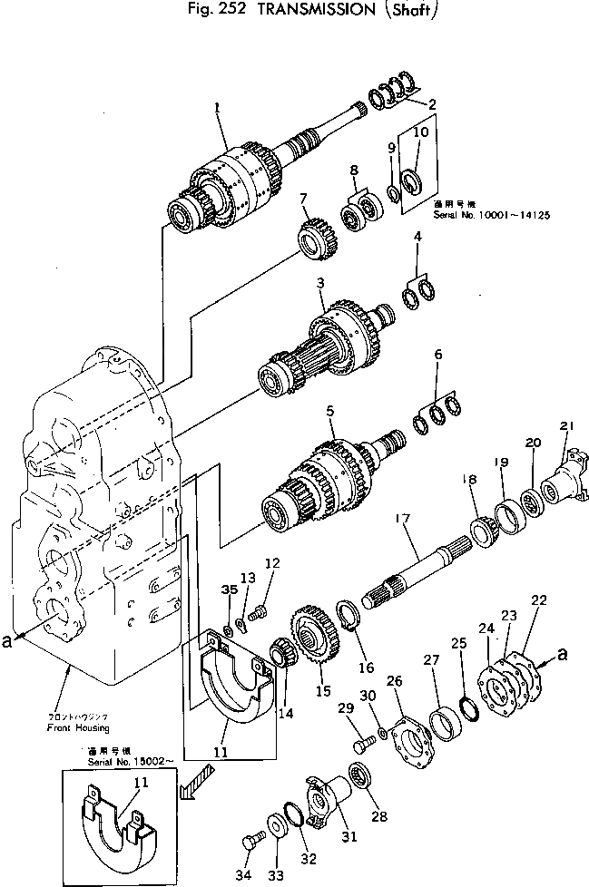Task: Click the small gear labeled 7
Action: click(x=314, y=238)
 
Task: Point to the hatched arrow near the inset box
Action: click(x=196, y=781)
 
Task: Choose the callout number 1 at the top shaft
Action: click(x=218, y=106)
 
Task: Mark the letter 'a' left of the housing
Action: click(x=8, y=640)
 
